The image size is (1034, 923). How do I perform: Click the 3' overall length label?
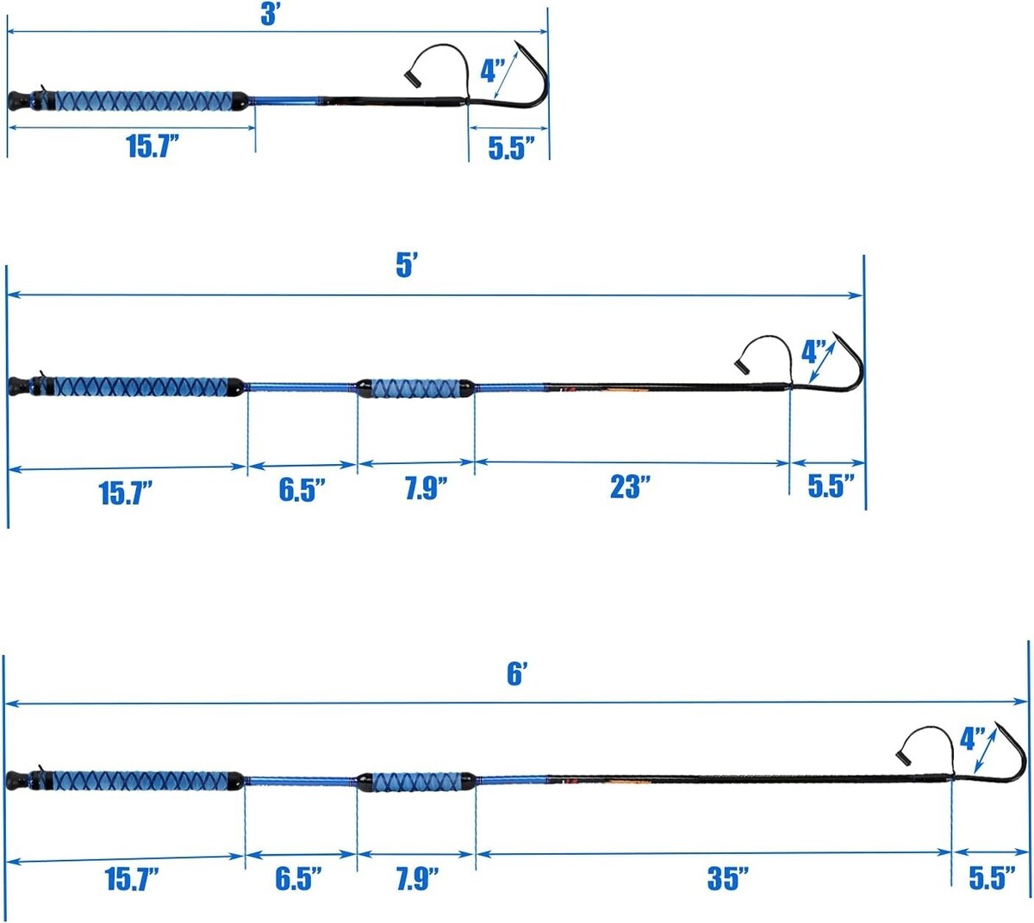(x=271, y=15)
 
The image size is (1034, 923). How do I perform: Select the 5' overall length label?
(x=407, y=266)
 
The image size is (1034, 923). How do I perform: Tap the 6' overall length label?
(x=517, y=673)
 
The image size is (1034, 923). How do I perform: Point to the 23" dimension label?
(x=630, y=487)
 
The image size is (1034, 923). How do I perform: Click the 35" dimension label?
(x=728, y=878)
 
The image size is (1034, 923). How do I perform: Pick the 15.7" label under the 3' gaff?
(x=153, y=146)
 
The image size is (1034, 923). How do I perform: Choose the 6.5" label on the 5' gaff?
(x=302, y=490)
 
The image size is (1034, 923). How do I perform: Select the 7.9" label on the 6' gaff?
(x=418, y=878)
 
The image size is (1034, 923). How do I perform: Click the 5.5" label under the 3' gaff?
(x=511, y=148)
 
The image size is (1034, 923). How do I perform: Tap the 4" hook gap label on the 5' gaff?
(x=813, y=352)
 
